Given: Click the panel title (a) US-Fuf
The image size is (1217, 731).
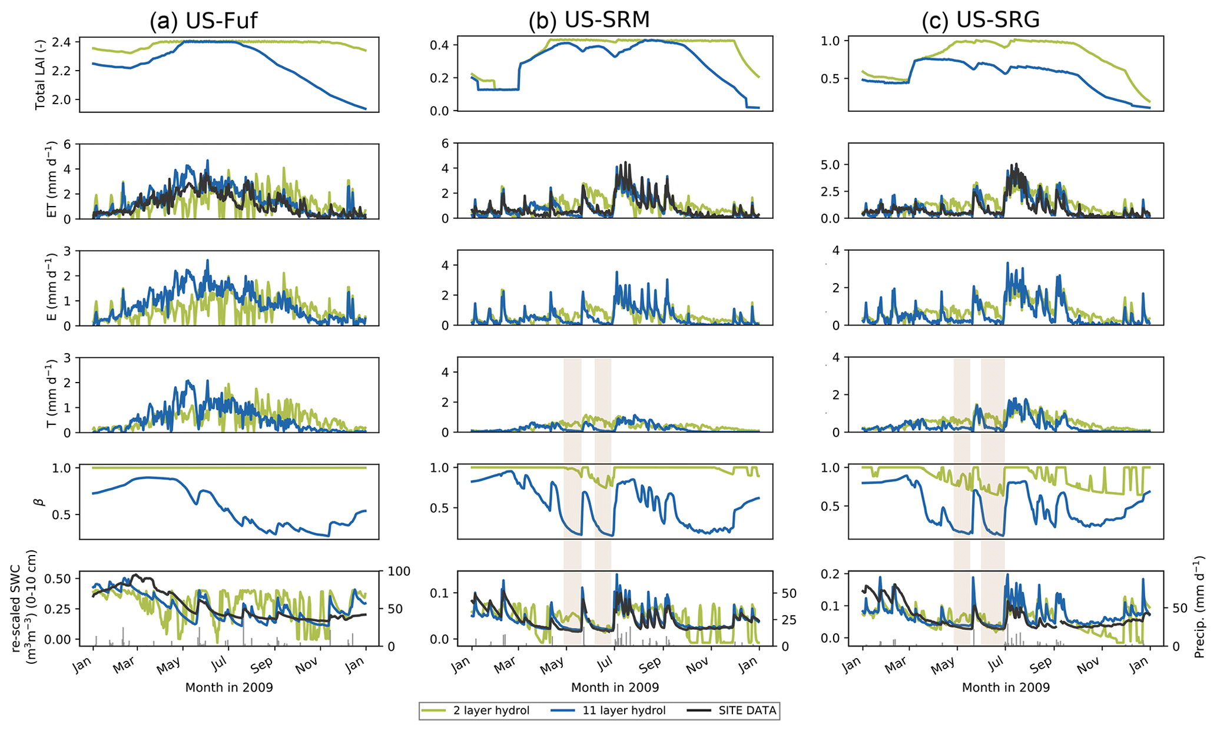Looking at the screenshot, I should pos(203,21).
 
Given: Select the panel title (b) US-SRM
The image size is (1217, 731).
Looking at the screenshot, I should pos(589,21).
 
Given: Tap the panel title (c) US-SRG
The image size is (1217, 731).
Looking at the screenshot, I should pos(980,21).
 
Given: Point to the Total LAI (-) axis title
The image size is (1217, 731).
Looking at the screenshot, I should pos(40,74).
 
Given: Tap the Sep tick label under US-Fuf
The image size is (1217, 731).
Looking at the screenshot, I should pos(261,663).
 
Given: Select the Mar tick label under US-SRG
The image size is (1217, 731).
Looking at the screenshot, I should pos(896,663).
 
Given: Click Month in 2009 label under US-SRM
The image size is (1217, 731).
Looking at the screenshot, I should pos(615,687).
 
